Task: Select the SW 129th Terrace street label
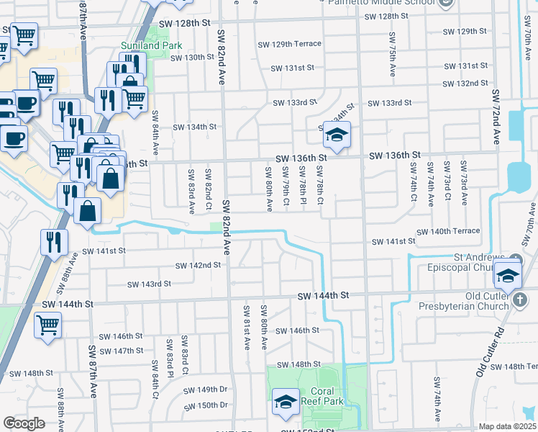pos(289,44)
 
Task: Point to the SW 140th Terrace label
pos(446,231)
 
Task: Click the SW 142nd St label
pos(198,265)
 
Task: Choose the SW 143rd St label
pos(149,284)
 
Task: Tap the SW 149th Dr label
pos(205,390)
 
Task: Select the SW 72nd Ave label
pos(496,118)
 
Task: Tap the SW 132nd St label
pos(465,84)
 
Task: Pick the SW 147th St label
pos(122,351)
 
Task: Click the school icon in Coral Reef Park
pos(286,402)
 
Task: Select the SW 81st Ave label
pos(246,328)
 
